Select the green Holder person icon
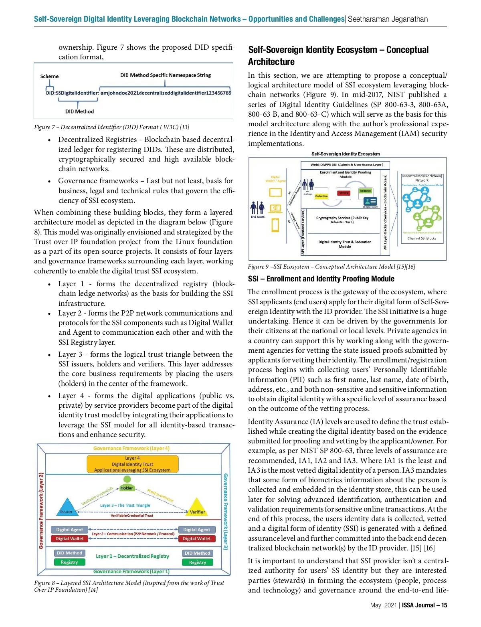click(x=127, y=479)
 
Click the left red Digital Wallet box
click(x=70, y=539)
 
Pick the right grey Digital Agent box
click(x=196, y=530)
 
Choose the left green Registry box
click(x=69, y=562)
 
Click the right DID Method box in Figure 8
click(x=197, y=553)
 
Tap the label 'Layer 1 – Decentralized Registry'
click(x=132, y=556)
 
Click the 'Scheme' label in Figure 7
click(x=49, y=77)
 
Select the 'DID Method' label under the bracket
click(x=79, y=111)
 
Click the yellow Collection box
click(x=321, y=196)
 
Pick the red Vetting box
click(x=344, y=193)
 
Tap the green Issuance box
click(x=365, y=191)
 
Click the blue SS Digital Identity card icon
click(x=371, y=201)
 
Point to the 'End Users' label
click(x=258, y=217)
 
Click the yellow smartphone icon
click(x=275, y=225)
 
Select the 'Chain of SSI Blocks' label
click(x=422, y=238)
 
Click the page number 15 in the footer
click(x=444, y=605)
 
